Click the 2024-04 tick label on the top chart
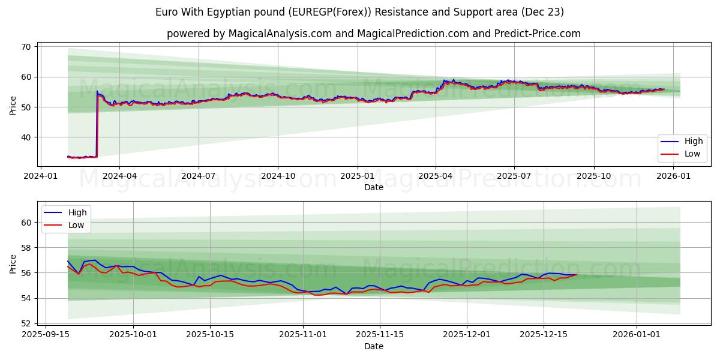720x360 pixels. pyautogui.click(x=119, y=176)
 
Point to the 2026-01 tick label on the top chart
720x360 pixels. pyautogui.click(x=673, y=176)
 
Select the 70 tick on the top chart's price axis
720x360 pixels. pyautogui.click(x=26, y=47)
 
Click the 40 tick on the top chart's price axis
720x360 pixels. pyautogui.click(x=26, y=137)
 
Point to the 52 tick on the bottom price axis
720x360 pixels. pyautogui.click(x=26, y=323)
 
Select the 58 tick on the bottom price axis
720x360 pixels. pyautogui.click(x=26, y=248)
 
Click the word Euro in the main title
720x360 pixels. pyautogui.click(x=167, y=12)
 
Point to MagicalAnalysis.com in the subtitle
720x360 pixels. pyautogui.click(x=280, y=34)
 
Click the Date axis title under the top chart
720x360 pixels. pyautogui.click(x=373, y=187)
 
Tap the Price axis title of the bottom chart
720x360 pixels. pyautogui.click(x=13, y=263)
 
